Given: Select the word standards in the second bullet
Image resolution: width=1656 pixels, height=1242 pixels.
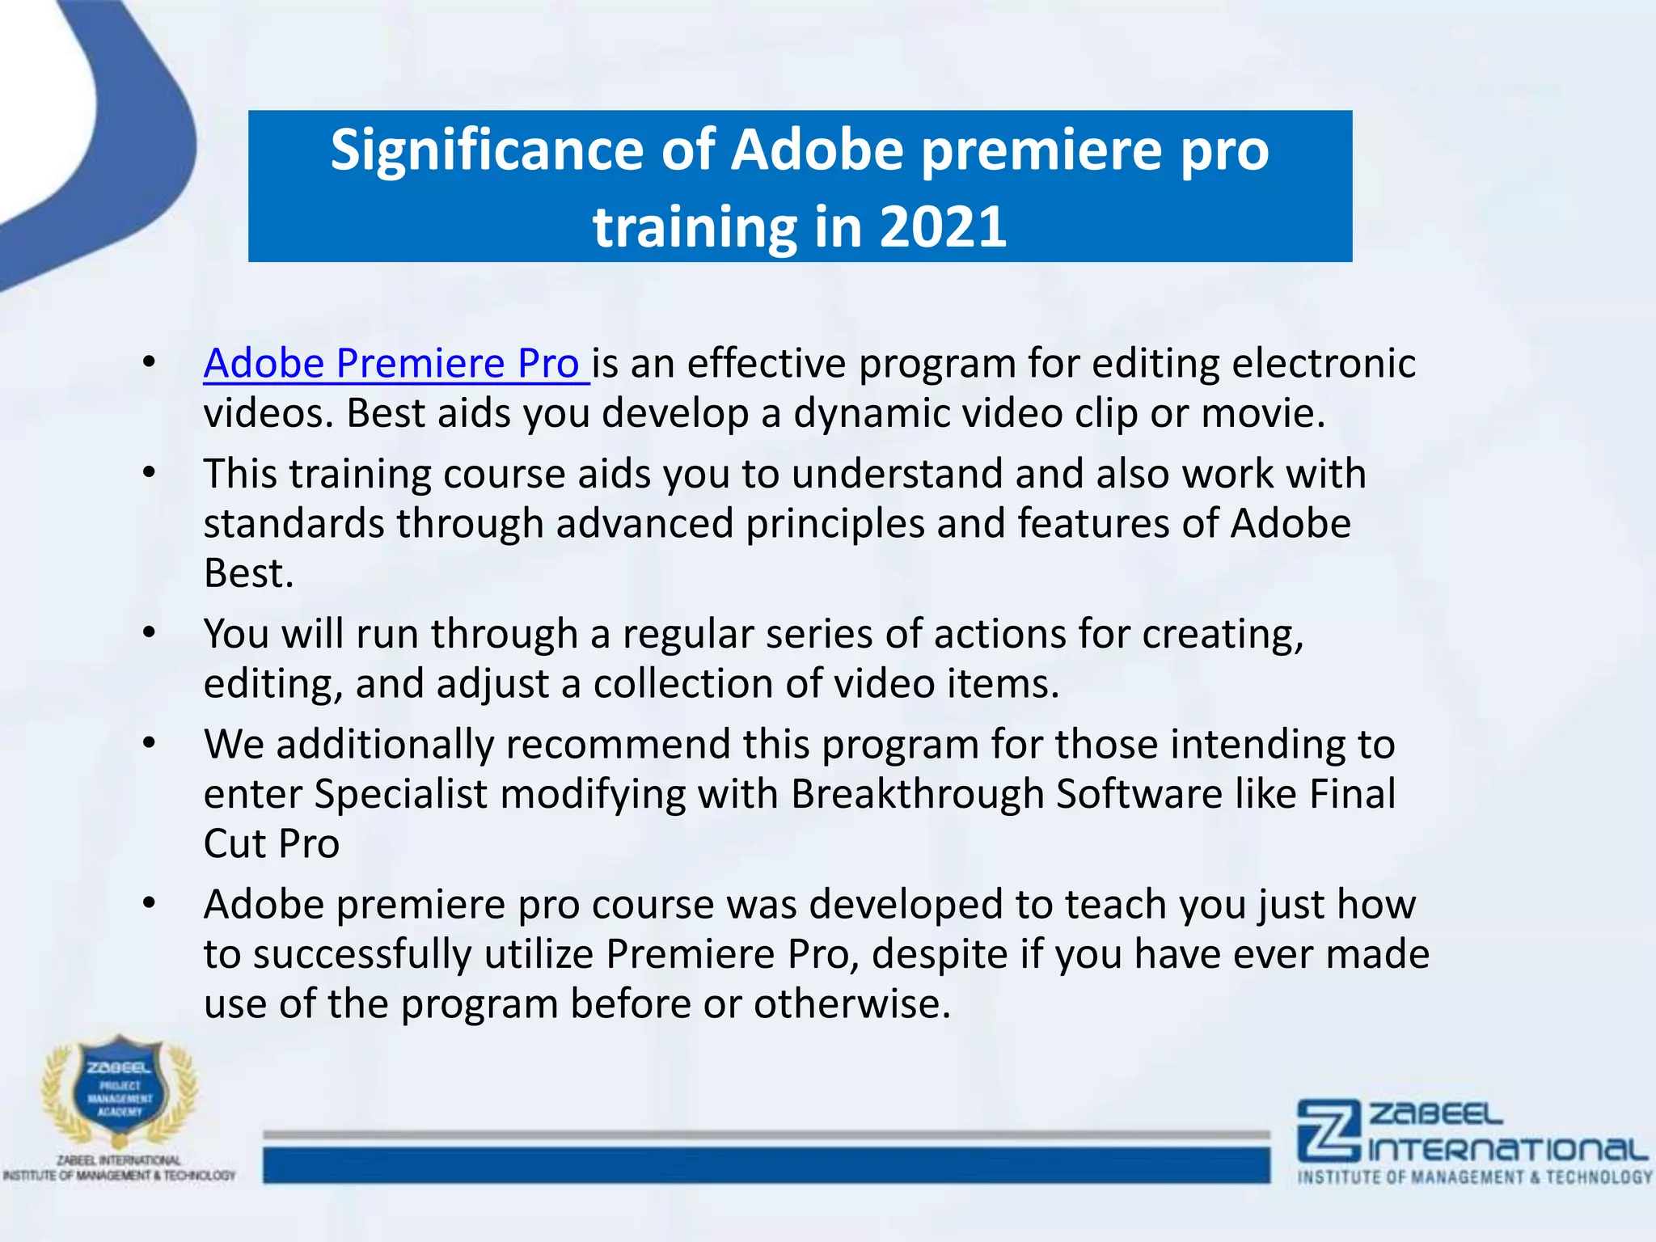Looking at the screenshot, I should click(x=294, y=523).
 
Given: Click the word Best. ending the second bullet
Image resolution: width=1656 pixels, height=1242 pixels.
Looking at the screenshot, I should click(x=248, y=573).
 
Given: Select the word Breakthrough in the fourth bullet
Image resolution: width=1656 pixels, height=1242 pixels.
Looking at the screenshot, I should click(x=918, y=794).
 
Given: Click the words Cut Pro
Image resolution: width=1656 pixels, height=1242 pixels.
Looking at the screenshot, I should click(x=272, y=844).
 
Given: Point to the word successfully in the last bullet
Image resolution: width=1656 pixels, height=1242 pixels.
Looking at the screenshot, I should click(x=362, y=954).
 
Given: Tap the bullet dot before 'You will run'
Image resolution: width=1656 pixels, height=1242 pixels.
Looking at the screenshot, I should click(x=149, y=634).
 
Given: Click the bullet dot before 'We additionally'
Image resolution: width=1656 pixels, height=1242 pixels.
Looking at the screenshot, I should click(x=149, y=744).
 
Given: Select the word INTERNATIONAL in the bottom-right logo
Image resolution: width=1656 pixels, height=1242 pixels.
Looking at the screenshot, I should click(x=1508, y=1150).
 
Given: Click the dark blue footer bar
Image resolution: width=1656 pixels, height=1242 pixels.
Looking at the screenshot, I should click(x=766, y=1165).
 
